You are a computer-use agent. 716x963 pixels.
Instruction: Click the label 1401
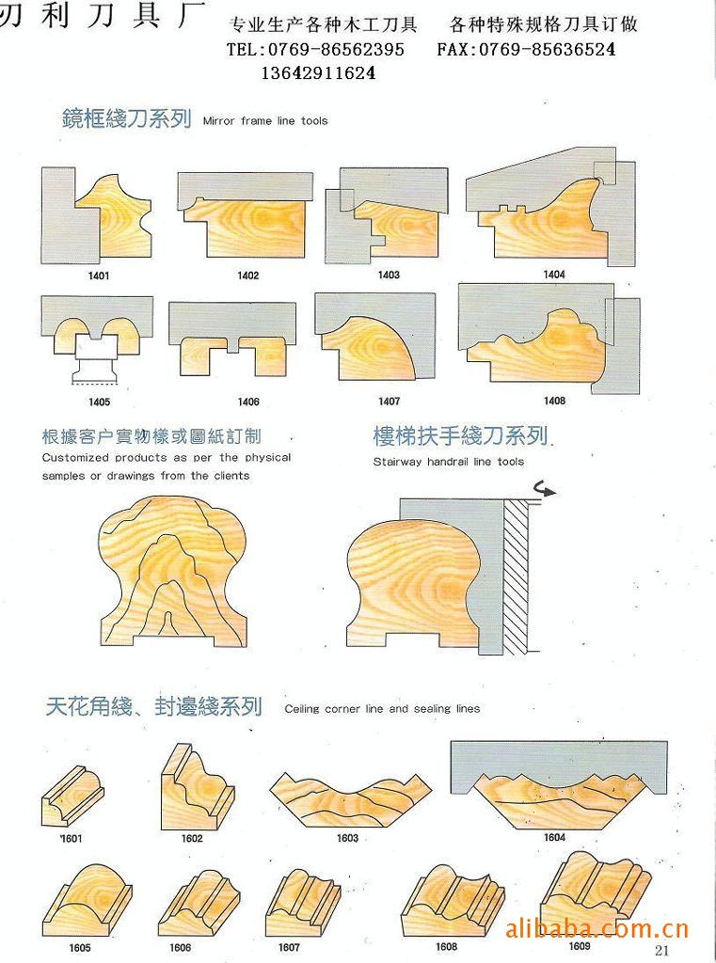pos(99,276)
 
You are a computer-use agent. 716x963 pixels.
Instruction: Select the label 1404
pos(554,275)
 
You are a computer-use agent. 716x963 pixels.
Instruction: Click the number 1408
pos(554,401)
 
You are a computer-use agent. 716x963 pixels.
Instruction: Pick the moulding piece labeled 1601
pos(72,799)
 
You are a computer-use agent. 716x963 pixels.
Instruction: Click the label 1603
pos(347,838)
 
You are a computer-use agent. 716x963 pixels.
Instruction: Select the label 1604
pos(554,837)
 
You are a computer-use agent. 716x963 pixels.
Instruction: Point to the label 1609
pos(579,946)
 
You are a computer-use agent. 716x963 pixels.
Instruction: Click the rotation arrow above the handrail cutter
pos(544,489)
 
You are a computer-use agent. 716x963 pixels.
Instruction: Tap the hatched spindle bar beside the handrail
pos(516,576)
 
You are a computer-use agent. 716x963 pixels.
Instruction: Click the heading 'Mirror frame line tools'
pos(265,121)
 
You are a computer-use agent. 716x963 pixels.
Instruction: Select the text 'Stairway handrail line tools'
pos(449,462)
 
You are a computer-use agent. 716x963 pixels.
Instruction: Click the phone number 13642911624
pos(318,73)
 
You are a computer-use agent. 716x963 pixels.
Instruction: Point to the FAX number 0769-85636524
pos(547,49)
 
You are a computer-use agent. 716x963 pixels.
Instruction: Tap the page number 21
pos(662,951)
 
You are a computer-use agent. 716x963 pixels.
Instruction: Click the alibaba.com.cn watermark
pos(597,928)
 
